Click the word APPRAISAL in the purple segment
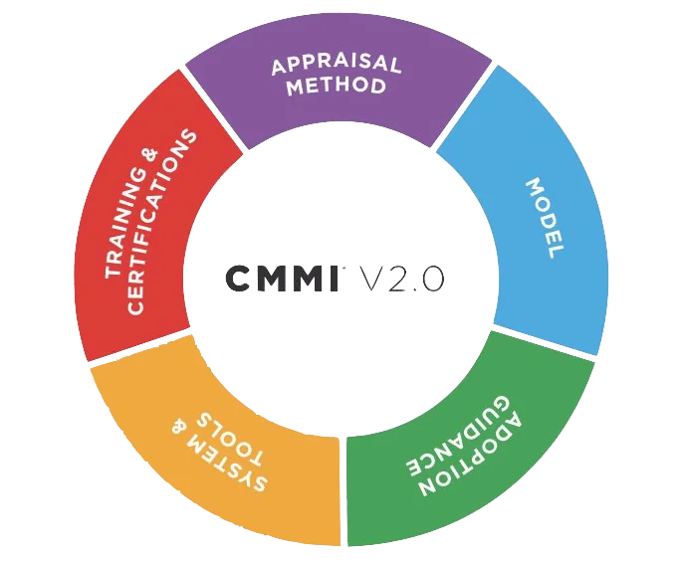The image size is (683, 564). [x=336, y=64]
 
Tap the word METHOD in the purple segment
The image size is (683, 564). [x=336, y=86]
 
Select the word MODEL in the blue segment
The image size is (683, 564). [x=545, y=218]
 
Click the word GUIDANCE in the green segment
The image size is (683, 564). [x=458, y=436]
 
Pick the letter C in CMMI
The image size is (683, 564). [x=239, y=279]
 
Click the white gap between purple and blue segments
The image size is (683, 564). [x=463, y=105]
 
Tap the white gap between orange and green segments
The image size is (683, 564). [x=343, y=491]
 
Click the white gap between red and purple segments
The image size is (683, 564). [x=213, y=109]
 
